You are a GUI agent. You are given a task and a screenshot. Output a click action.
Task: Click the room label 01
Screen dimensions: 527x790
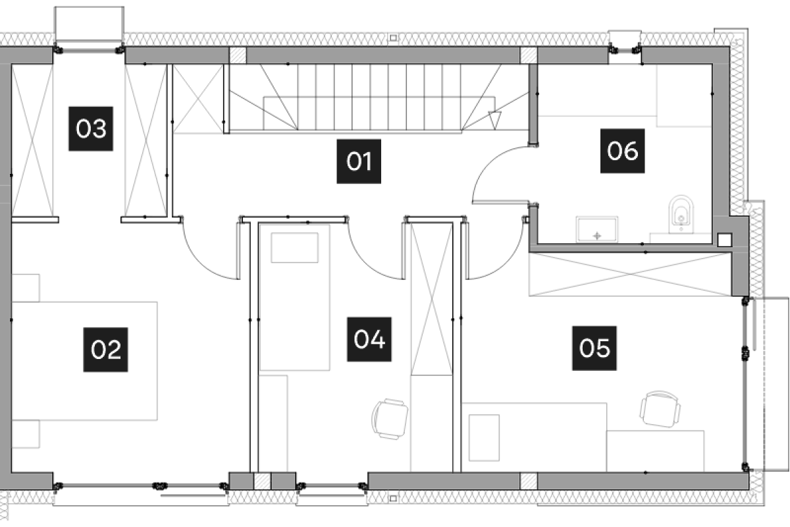359,161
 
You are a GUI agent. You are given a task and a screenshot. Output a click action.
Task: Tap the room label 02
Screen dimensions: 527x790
105,350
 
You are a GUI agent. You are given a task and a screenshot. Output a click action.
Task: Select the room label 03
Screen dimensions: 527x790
91,128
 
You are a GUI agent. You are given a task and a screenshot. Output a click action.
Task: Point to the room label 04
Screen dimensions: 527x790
369,339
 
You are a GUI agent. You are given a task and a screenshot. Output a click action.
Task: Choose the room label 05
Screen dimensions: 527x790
594,347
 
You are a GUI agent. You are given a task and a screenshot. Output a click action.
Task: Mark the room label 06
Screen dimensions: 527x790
623,151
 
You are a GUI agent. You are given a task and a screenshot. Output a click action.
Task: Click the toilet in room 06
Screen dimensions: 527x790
681,214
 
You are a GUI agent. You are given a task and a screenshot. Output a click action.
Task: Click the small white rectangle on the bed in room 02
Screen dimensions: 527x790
130,315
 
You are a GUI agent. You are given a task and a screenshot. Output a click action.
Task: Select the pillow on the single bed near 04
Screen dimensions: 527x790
295,248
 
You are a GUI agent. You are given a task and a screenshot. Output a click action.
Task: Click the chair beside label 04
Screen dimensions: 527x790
390,418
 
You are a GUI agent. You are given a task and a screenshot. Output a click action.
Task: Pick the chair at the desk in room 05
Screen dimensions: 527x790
660,409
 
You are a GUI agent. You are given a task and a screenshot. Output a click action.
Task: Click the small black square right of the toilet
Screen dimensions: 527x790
724,240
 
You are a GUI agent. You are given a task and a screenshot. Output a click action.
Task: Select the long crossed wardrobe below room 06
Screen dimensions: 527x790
630,274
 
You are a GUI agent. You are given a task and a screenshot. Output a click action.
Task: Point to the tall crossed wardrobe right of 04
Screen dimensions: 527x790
431,300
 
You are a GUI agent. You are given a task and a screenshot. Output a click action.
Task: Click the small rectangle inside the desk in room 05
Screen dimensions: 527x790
484,437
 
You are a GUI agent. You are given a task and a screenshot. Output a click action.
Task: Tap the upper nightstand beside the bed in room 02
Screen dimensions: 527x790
26,287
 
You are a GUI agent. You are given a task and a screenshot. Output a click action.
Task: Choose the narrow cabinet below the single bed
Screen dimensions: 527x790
272,423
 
